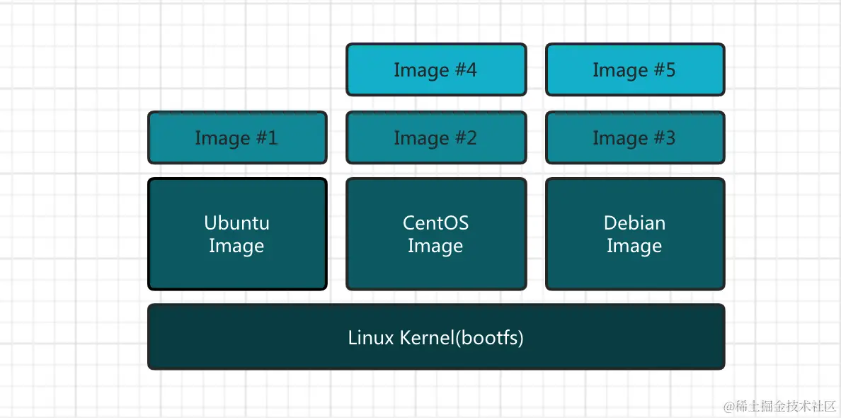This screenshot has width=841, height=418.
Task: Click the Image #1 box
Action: (x=237, y=137)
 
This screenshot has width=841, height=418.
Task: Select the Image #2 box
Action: (x=436, y=137)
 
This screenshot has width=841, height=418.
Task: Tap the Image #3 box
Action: (x=635, y=137)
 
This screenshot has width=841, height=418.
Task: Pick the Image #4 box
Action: (x=436, y=69)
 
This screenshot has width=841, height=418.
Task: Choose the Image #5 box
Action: (x=635, y=69)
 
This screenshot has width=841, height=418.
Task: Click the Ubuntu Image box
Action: (x=237, y=234)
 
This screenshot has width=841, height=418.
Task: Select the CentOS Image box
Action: (x=436, y=234)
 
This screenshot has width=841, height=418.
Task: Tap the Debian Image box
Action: (x=635, y=234)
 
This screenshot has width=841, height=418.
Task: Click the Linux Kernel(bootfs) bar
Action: (x=436, y=337)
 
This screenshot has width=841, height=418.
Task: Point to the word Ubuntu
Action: (x=237, y=222)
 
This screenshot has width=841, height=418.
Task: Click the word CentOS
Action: (x=436, y=222)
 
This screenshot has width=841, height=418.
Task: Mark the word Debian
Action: (x=635, y=222)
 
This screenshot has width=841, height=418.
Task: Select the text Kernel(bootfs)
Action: (x=462, y=338)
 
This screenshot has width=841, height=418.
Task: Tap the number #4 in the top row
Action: (x=465, y=70)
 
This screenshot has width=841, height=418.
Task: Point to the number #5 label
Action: (x=664, y=70)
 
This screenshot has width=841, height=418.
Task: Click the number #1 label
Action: (x=266, y=138)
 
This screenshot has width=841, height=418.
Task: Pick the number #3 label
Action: (x=664, y=138)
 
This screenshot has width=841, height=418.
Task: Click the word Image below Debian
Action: (x=634, y=246)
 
